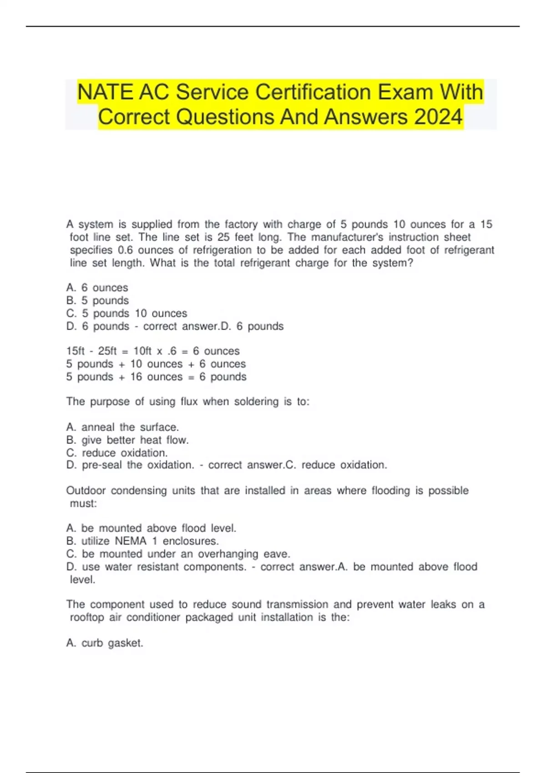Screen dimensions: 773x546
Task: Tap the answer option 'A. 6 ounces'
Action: click(x=97, y=288)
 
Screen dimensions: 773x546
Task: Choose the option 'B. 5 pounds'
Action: click(x=97, y=301)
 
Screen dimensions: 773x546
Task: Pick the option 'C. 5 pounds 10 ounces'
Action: click(x=126, y=313)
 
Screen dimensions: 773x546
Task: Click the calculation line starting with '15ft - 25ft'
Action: click(x=152, y=351)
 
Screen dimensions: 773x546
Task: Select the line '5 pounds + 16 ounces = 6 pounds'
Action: click(x=156, y=377)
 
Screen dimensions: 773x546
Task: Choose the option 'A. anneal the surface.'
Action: click(x=122, y=427)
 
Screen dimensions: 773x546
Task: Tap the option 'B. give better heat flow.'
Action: click(x=127, y=440)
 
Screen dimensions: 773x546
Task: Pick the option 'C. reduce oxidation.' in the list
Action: click(x=117, y=453)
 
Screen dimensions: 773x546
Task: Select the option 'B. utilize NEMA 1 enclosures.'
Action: click(x=142, y=541)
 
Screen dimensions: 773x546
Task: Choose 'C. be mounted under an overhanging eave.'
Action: click(x=178, y=554)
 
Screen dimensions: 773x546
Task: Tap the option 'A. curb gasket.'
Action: click(x=105, y=643)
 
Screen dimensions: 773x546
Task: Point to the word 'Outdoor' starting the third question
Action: click(x=86, y=491)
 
